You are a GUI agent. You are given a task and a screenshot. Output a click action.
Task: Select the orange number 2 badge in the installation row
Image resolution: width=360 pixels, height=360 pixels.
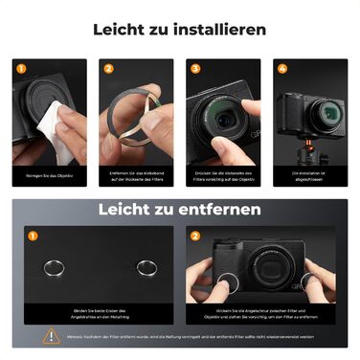(x=108, y=68)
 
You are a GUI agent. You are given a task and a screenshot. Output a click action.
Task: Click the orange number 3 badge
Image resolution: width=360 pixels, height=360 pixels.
(x=195, y=68)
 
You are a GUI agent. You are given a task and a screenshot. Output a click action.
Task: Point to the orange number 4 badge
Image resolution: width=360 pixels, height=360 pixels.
(x=282, y=68)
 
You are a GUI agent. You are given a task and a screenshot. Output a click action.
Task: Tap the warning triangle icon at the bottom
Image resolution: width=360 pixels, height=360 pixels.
(x=50, y=336)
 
